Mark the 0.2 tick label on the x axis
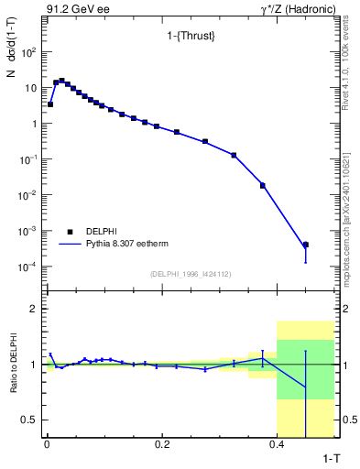(x=162, y=445)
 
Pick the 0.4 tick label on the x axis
(x=278, y=445)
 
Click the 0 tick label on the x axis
(x=47, y=445)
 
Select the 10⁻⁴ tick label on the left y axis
(x=28, y=267)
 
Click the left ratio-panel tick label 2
(x=34, y=310)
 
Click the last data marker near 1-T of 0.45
(x=306, y=245)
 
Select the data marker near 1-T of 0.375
(x=263, y=185)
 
